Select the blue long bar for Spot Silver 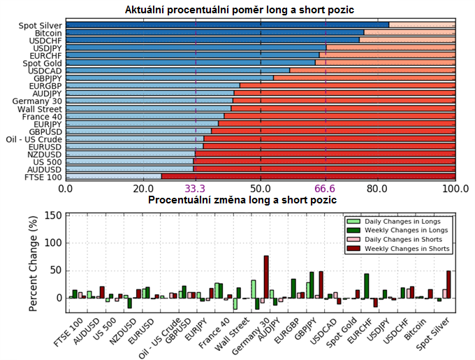(x=227, y=25)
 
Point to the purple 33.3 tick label (x=195, y=189)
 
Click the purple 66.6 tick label (x=325, y=189)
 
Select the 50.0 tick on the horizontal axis (x=261, y=189)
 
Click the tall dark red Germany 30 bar (x=266, y=278)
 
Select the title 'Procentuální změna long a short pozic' (x=242, y=201)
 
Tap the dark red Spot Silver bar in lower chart (x=448, y=285)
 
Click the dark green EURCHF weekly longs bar (x=366, y=286)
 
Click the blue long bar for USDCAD (x=177, y=70)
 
